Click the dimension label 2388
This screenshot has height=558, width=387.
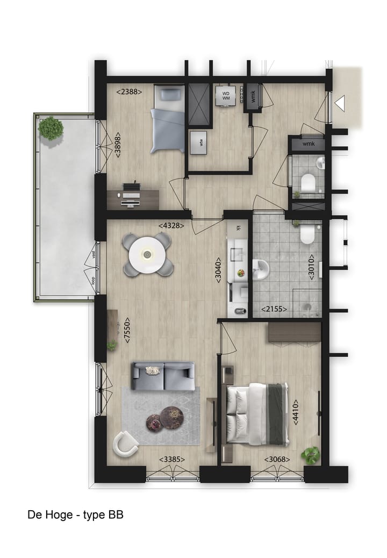129,92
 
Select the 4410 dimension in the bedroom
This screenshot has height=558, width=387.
295,413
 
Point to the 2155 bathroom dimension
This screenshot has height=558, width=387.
274,309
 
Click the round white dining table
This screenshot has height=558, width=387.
148,254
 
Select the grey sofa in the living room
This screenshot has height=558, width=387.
163,375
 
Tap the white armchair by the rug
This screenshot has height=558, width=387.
126,443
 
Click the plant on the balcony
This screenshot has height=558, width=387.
51,128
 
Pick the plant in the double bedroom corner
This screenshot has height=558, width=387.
310,455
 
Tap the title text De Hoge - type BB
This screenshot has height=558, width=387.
76,514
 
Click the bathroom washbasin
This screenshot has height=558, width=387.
261,268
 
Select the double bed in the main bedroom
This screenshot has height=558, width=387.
257,414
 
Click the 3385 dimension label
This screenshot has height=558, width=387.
173,460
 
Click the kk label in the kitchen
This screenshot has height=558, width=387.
239,228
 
